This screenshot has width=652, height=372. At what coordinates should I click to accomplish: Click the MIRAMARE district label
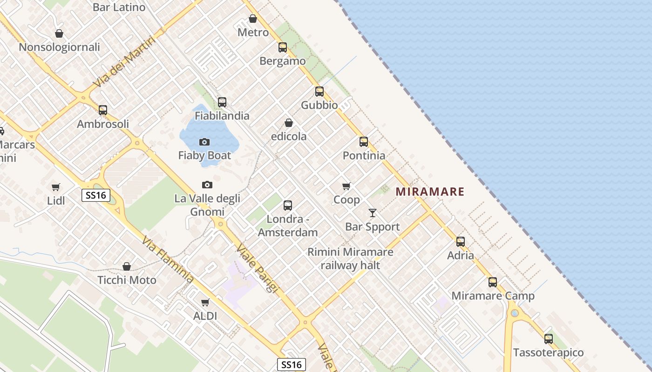point(430,192)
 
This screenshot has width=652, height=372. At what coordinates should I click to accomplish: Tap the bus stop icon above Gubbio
point(319,92)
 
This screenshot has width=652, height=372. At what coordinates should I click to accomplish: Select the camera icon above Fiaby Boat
point(204,142)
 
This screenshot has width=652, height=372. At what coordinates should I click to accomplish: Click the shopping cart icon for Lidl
point(56,187)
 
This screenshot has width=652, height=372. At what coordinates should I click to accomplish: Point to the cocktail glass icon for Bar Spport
point(373,213)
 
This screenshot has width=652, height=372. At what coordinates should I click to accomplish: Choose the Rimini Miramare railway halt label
point(350,259)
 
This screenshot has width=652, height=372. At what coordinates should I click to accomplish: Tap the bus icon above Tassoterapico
point(549,339)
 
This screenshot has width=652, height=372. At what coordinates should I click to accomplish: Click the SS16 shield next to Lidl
point(95,195)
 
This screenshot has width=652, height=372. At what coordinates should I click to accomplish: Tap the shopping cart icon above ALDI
point(205,302)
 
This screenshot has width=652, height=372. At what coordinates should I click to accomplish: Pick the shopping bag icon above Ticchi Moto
point(127,266)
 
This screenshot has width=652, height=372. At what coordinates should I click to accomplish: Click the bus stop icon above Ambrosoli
point(103,110)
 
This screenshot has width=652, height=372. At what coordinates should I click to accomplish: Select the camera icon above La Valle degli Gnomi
point(207,185)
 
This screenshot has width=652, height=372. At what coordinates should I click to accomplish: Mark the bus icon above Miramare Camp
point(493,282)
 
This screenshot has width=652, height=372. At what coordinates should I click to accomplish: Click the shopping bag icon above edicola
point(289,123)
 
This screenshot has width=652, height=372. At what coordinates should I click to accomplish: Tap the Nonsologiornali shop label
point(59,47)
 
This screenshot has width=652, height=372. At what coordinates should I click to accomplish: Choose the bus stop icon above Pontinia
point(364,142)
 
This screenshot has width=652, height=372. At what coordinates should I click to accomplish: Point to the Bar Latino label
point(119,7)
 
